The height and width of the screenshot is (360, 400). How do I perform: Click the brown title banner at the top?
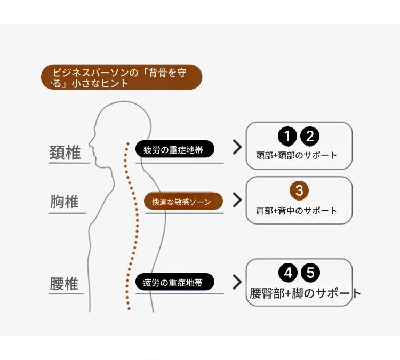coord(122,77)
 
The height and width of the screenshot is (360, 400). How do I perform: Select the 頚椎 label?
coord(65,153)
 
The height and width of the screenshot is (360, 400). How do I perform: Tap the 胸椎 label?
coord(65,202)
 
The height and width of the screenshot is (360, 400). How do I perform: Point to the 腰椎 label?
coord(64,283)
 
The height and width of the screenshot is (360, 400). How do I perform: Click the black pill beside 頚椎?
coord(175,149)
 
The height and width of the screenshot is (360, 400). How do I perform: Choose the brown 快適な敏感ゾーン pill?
coord(183,201)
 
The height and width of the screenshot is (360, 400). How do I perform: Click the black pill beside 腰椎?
coord(175,282)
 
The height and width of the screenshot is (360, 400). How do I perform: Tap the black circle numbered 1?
coord(287,136)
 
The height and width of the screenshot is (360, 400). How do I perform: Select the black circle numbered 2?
coord(310,136)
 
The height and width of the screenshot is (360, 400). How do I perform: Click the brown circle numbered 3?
coord(299,190)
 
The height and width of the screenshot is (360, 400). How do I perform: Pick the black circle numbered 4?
coord(288,273)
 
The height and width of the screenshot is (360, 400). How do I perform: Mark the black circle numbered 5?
coord(310,273)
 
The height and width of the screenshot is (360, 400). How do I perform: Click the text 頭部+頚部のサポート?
coord(297,155)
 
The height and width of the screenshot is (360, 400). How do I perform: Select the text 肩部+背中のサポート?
coord(297,211)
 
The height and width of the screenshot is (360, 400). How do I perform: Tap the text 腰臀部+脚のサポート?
coord(305,293)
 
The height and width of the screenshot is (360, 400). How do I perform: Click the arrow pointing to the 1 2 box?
coord(237,147)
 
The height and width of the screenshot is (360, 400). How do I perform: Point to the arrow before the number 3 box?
coord(237,200)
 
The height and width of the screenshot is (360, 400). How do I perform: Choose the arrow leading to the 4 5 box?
coord(237,282)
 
